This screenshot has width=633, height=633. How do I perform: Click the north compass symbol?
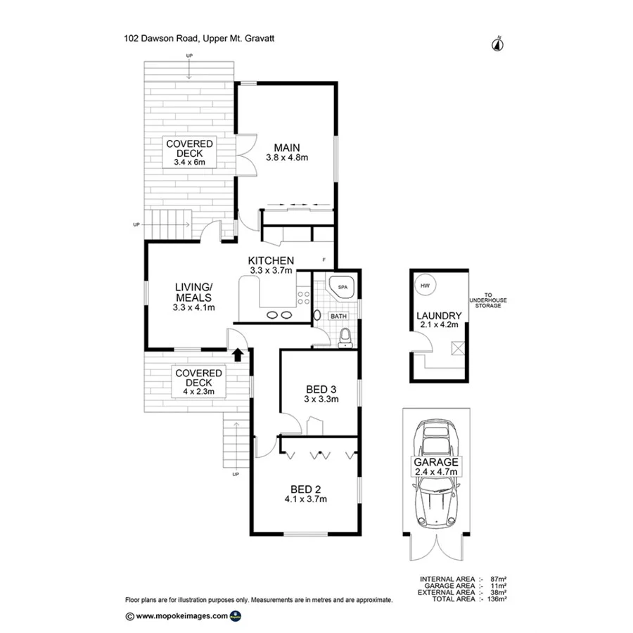point(498,44)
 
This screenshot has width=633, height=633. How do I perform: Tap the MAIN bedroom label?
point(287,148)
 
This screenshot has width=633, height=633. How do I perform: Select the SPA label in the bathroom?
point(343,288)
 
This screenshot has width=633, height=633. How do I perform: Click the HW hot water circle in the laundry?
point(425,286)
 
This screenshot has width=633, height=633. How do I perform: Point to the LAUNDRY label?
point(438,316)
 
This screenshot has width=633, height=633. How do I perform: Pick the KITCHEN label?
point(271,261)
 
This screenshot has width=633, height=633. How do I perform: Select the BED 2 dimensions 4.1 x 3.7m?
point(306,499)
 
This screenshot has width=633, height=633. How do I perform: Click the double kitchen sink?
point(279,314)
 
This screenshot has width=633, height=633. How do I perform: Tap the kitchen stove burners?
point(305,297)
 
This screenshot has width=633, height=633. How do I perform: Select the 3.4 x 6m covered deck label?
point(189,162)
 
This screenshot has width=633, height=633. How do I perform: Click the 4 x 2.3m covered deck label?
point(199,391)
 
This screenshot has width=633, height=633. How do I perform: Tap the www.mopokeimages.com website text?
point(181,615)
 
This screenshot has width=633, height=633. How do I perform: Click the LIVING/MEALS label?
point(193,297)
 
